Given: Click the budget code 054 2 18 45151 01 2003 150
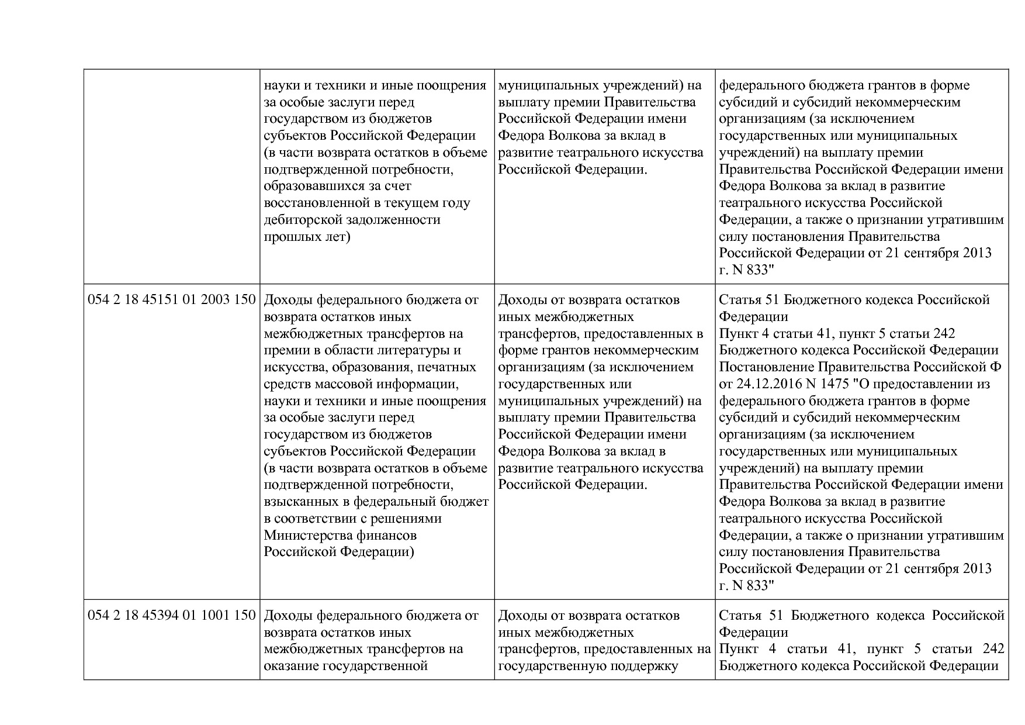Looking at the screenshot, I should pos(172,300).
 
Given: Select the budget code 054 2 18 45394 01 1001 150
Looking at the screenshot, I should pos(172,616).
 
